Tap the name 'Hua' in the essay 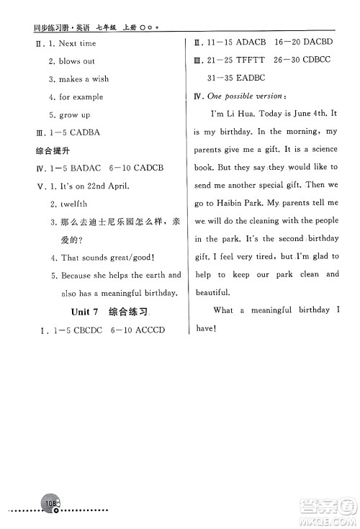tap(255, 114)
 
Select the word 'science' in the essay tap(321, 150)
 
